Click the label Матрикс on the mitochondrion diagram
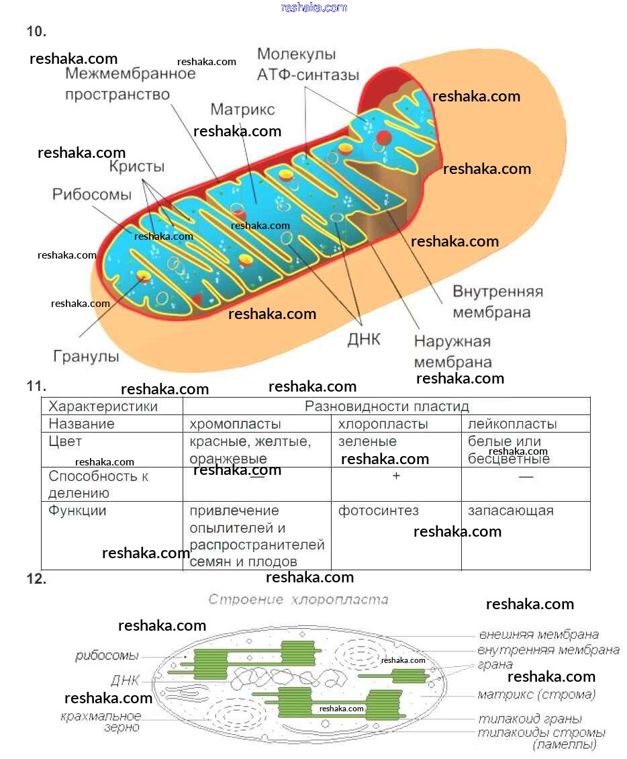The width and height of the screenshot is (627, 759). pyautogui.click(x=242, y=109)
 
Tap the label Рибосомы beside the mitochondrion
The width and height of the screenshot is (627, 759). pyautogui.click(x=92, y=195)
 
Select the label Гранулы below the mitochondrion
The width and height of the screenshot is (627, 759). pyautogui.click(x=86, y=357)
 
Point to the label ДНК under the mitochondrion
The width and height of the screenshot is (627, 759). pyautogui.click(x=363, y=340)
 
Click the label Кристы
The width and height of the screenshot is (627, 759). pyautogui.click(x=136, y=167)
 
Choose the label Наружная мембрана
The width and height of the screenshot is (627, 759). pyautogui.click(x=452, y=352)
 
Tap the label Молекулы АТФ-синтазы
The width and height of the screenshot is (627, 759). pyautogui.click(x=307, y=64)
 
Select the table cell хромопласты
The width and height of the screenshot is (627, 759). pyautogui.click(x=235, y=424)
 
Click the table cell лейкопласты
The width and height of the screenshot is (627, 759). pyautogui.click(x=512, y=424)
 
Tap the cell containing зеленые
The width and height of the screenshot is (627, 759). pyautogui.click(x=367, y=442)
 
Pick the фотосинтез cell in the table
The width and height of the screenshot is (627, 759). pyautogui.click(x=378, y=510)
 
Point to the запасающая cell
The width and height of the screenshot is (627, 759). pyautogui.click(x=510, y=510)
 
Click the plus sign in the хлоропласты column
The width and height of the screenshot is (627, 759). pyautogui.click(x=396, y=476)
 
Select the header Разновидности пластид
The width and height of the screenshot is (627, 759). pyautogui.click(x=387, y=406)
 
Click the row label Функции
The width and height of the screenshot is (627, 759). pyautogui.click(x=77, y=510)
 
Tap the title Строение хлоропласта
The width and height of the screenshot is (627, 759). pyautogui.click(x=298, y=599)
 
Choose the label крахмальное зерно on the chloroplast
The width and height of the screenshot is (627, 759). pyautogui.click(x=101, y=721)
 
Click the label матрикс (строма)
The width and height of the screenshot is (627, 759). pyautogui.click(x=536, y=695)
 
